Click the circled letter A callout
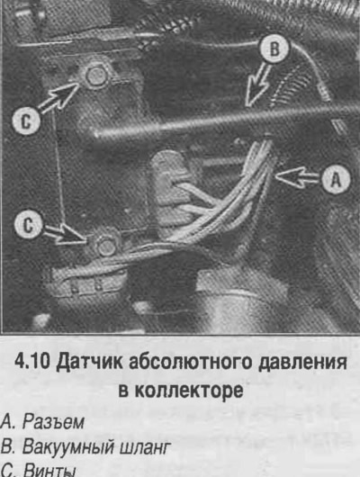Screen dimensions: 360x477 [x=336, y=179]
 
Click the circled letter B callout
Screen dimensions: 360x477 [x=274, y=49]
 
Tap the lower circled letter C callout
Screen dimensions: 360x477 [x=28, y=225]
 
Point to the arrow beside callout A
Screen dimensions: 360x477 [x=298, y=177]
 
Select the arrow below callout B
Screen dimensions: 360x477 [x=257, y=85]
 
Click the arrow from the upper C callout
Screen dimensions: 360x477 [x=59, y=97]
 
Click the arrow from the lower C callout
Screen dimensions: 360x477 [x=63, y=236]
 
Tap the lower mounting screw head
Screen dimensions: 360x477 [x=107, y=247]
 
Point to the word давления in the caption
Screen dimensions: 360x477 [x=302, y=363]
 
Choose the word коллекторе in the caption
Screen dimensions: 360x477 [x=189, y=391]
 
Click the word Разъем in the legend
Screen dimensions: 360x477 [x=53, y=422]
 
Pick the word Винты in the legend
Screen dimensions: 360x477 [x=49, y=471]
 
